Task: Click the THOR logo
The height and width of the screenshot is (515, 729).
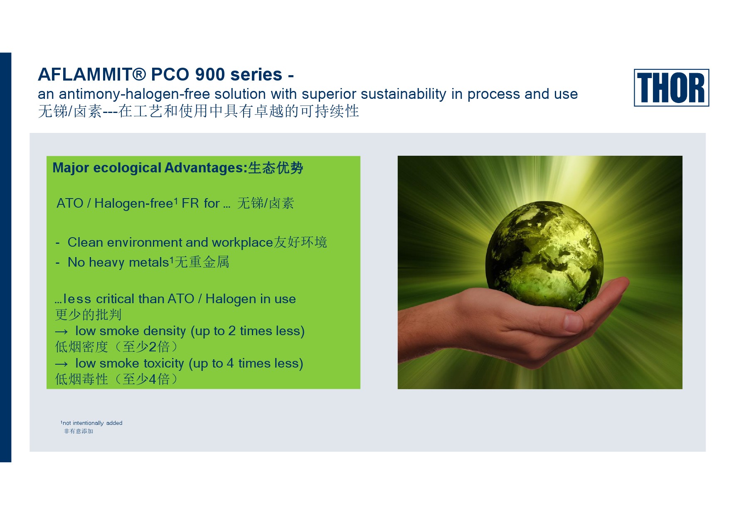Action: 671,88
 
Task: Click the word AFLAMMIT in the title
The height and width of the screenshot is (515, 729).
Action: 85,75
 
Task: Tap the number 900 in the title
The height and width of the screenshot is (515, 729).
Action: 210,75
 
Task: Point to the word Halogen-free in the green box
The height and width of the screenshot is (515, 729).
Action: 134,204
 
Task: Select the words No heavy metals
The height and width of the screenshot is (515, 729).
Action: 118,262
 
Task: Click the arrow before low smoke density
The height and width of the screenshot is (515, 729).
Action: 61,332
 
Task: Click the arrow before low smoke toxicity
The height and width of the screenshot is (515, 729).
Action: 61,364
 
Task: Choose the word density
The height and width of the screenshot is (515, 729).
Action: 165,331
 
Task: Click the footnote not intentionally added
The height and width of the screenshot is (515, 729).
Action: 92,423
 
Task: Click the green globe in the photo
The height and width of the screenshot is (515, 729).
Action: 544,256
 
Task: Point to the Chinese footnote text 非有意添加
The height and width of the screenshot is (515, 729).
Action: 79,432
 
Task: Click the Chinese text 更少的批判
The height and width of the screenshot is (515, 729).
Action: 88,315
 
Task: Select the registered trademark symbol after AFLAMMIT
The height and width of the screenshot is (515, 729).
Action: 140,75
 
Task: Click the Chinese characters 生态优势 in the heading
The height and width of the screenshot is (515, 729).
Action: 276,168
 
